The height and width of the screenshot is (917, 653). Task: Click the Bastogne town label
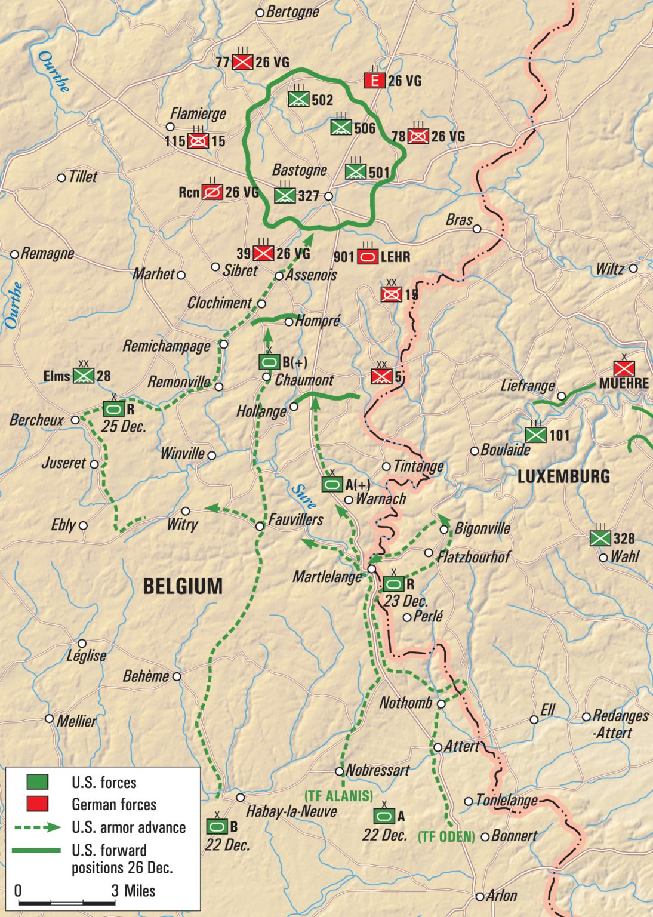point(299,170)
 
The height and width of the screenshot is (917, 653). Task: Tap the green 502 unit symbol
point(298,99)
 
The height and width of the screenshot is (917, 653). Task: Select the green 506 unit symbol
point(341,127)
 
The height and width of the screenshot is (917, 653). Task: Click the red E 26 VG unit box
point(374,80)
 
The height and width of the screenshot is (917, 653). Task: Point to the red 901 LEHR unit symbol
point(368,257)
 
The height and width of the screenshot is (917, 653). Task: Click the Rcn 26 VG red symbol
point(212,192)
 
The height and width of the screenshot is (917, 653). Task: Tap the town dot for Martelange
point(372,569)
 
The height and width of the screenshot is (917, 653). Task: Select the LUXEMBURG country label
point(563,476)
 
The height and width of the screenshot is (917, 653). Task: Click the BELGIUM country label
point(183,586)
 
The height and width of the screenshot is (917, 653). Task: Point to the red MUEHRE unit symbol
point(624,368)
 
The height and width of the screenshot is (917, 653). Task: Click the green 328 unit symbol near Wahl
point(600,538)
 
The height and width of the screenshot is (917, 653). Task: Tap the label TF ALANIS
point(338,796)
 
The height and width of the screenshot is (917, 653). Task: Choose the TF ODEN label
point(446,836)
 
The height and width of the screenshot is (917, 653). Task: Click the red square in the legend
point(37,804)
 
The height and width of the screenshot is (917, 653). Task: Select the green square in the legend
point(37,782)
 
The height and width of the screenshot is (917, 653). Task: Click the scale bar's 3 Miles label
point(133,891)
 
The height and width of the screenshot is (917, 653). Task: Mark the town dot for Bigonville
point(444,530)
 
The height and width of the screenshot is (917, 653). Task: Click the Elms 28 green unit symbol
point(84,376)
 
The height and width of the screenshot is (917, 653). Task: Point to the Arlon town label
point(501,896)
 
